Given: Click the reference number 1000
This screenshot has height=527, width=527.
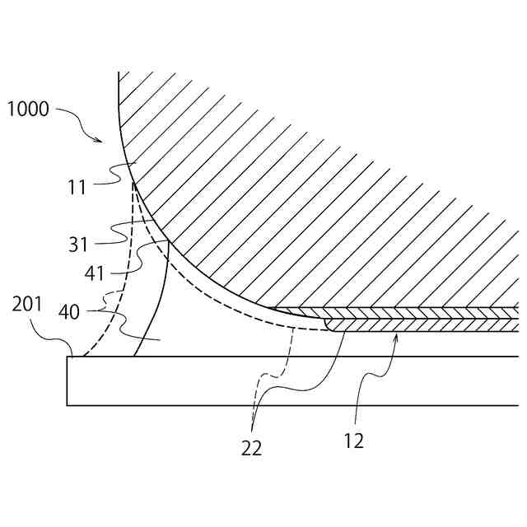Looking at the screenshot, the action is pos(27,109).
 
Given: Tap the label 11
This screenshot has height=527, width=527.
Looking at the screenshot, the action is pos(78,188).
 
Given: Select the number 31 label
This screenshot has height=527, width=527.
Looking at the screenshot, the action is pos(79,245).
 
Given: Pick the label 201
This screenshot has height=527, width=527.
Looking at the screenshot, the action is pos(26,305).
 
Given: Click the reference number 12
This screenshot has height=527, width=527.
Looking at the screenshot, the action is pos(354,441).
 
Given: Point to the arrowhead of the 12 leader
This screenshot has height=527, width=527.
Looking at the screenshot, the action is pos(398,335).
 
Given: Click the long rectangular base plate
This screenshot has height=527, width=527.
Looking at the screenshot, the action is pos(288,380).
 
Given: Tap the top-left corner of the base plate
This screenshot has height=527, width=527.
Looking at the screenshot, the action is pos(68,357).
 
